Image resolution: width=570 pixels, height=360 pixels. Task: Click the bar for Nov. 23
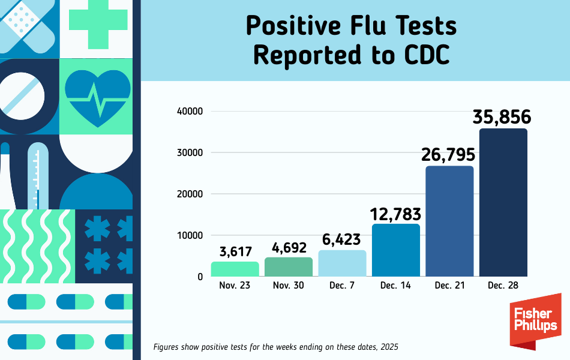point(235,269)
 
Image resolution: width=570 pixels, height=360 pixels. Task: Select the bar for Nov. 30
point(289,267)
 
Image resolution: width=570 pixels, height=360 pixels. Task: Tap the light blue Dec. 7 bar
point(342,263)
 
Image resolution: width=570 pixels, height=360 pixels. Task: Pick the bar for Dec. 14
point(396,250)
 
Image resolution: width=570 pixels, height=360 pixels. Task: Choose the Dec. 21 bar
point(449,221)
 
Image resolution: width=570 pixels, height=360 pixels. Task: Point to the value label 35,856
point(502,117)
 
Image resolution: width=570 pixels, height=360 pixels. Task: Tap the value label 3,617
point(235,251)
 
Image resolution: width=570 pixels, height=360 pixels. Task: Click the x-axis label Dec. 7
point(342,286)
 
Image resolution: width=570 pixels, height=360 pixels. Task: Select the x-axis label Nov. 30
point(289,286)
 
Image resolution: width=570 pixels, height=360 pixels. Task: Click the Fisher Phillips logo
point(535,321)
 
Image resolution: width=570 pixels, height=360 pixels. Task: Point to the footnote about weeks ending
point(275,347)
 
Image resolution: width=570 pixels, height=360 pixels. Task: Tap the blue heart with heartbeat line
point(95,96)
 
